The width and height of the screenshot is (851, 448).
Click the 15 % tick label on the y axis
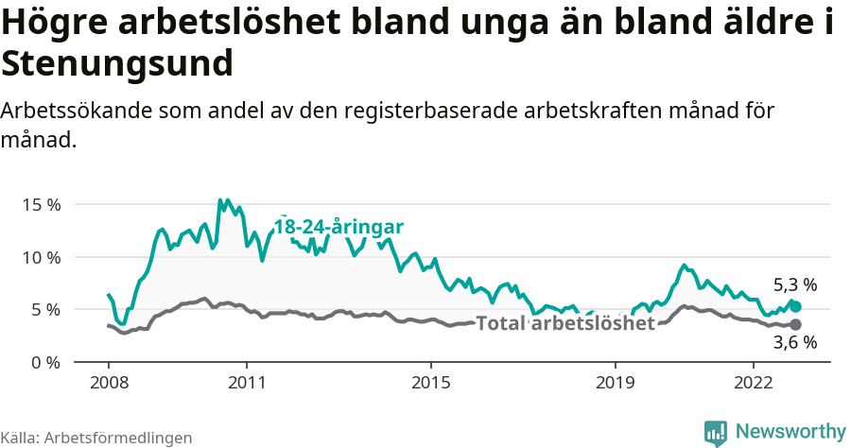point(41,204)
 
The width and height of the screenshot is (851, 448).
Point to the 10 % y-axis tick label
point(41,257)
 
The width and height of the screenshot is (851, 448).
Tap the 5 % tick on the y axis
point(45,310)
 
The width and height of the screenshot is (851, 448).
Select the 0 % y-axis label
point(45,362)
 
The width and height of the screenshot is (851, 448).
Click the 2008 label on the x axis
point(109,385)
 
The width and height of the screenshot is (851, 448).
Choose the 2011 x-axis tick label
point(247,385)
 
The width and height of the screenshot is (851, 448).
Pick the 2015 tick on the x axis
point(431,385)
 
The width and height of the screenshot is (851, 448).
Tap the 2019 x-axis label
point(616,385)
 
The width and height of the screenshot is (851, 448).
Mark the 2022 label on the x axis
point(754,385)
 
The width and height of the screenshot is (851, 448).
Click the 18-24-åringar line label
point(339,227)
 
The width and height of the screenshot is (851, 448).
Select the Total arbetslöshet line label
point(565,324)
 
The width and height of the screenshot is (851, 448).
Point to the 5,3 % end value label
point(794,284)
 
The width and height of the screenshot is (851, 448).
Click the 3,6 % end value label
point(794,343)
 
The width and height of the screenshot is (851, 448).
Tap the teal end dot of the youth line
point(795,306)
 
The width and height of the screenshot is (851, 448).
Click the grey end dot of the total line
point(795,324)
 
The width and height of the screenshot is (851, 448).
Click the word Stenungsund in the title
point(117,64)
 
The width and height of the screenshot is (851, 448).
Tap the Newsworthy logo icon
point(716,432)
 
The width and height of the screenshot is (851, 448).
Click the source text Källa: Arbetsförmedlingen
point(96,438)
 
